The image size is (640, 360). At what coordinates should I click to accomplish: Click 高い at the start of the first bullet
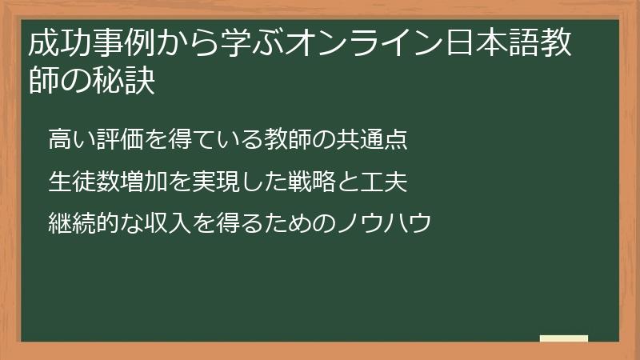(x=70, y=141)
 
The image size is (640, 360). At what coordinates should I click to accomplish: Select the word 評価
(x=118, y=141)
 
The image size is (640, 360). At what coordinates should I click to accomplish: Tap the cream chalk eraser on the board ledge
(x=564, y=339)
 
